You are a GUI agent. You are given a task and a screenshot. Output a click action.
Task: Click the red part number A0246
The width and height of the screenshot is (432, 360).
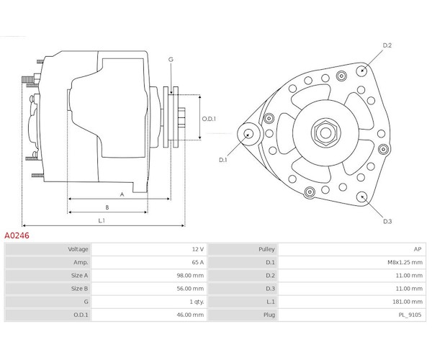pyautogui.click(x=17, y=235)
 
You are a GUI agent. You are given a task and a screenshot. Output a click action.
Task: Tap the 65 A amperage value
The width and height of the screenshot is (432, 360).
pyautogui.click(x=198, y=262)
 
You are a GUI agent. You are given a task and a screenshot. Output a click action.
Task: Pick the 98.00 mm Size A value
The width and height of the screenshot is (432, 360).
pyautogui.click(x=190, y=276)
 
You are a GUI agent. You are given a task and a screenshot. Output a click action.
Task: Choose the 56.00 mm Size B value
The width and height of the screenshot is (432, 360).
pyautogui.click(x=190, y=289)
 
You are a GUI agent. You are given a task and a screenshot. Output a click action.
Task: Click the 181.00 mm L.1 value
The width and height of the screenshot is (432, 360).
pyautogui.click(x=408, y=302)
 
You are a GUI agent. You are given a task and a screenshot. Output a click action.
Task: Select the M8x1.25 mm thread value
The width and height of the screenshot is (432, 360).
pyautogui.click(x=405, y=262)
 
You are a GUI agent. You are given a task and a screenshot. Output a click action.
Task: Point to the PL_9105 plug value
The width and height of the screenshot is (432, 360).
pyautogui.click(x=410, y=315)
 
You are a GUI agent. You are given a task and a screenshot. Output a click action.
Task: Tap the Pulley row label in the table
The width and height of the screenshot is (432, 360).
pyautogui.click(x=266, y=249)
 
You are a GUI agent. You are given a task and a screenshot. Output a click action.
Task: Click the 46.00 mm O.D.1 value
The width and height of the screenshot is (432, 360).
pyautogui.click(x=190, y=315)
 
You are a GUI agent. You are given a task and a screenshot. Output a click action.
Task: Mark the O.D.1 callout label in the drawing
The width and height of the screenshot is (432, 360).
pyautogui.click(x=209, y=119)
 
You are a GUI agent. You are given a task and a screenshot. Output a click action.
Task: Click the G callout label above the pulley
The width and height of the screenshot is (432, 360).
pyautogui.click(x=171, y=59)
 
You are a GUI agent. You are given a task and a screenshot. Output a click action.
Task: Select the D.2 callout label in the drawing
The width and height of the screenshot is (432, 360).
pyautogui.click(x=387, y=45)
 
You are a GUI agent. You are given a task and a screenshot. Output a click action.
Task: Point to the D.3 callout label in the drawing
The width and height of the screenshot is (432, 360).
pyautogui.click(x=387, y=221)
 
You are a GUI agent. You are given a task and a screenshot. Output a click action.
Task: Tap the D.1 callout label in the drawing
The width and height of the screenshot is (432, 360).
pyautogui.click(x=223, y=160)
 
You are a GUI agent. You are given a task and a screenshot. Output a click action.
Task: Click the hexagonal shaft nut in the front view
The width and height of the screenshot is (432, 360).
pyautogui.click(x=325, y=133)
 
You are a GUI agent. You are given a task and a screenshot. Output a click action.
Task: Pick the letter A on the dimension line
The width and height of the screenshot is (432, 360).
pyautogui.click(x=122, y=194)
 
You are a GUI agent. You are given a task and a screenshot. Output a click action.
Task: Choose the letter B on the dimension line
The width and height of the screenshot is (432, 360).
pyautogui.click(x=107, y=207)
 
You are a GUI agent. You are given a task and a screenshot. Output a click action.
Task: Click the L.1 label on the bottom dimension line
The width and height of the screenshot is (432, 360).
pyautogui.click(x=102, y=220)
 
